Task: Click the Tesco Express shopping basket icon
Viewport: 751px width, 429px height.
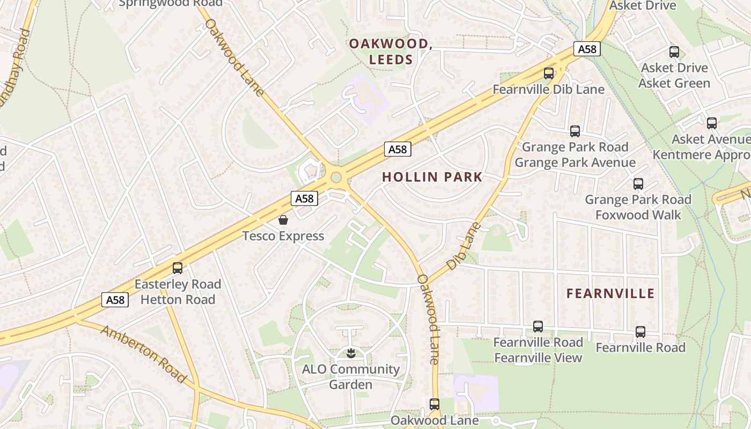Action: (x=283, y=220)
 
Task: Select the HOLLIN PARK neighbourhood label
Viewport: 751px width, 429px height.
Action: (x=432, y=177)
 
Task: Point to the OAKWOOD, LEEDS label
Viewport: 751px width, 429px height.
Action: (x=391, y=51)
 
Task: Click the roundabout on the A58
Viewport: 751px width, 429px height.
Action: (x=336, y=177)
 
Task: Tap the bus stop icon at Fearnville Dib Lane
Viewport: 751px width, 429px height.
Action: (x=548, y=73)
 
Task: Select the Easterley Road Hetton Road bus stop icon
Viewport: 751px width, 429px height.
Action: (x=178, y=268)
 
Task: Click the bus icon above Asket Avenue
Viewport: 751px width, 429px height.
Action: (x=711, y=123)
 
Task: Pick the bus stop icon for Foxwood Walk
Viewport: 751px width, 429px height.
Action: (x=638, y=184)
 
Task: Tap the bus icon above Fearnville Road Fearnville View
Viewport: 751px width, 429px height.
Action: (x=538, y=327)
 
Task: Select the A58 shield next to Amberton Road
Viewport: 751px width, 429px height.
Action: (x=115, y=300)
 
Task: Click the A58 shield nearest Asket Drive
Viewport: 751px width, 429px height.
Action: (x=586, y=49)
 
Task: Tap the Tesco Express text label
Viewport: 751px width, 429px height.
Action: (x=283, y=236)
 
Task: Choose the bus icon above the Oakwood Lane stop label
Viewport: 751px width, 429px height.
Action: (x=434, y=404)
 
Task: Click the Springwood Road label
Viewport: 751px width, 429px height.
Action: (x=171, y=3)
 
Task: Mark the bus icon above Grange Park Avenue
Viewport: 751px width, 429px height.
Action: (x=575, y=131)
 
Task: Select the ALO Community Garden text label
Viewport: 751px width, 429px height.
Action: (x=350, y=377)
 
